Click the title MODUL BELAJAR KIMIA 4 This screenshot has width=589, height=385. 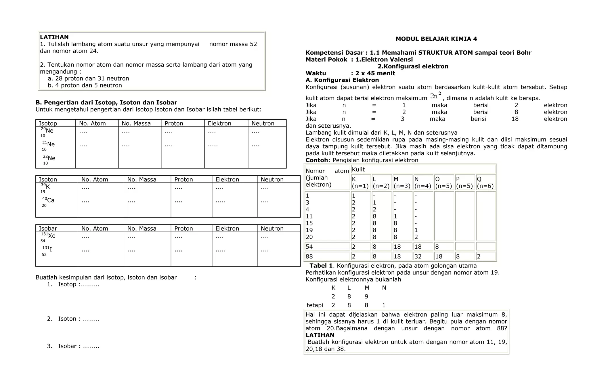pos(436,39)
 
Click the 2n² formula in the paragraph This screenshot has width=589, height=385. pos(436,96)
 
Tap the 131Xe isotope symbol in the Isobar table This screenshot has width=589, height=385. pos(49,237)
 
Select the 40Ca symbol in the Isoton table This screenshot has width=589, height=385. pos(49,201)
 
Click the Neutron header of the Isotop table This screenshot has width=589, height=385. pos(263,123)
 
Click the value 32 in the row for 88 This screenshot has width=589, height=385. pos(418,256)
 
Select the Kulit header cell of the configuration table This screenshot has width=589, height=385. pos(358,169)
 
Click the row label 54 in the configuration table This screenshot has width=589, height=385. pos(309,247)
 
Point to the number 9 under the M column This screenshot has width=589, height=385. pos(366,296)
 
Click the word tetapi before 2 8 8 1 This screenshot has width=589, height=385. pos(315,305)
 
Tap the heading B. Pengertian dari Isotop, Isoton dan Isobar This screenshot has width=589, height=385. pos(106,103)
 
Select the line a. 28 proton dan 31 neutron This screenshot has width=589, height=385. pos(88,78)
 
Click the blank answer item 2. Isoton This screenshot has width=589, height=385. pos(73,319)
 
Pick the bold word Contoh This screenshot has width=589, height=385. pos(316,160)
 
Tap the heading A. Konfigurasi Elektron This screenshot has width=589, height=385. pos(342,80)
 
